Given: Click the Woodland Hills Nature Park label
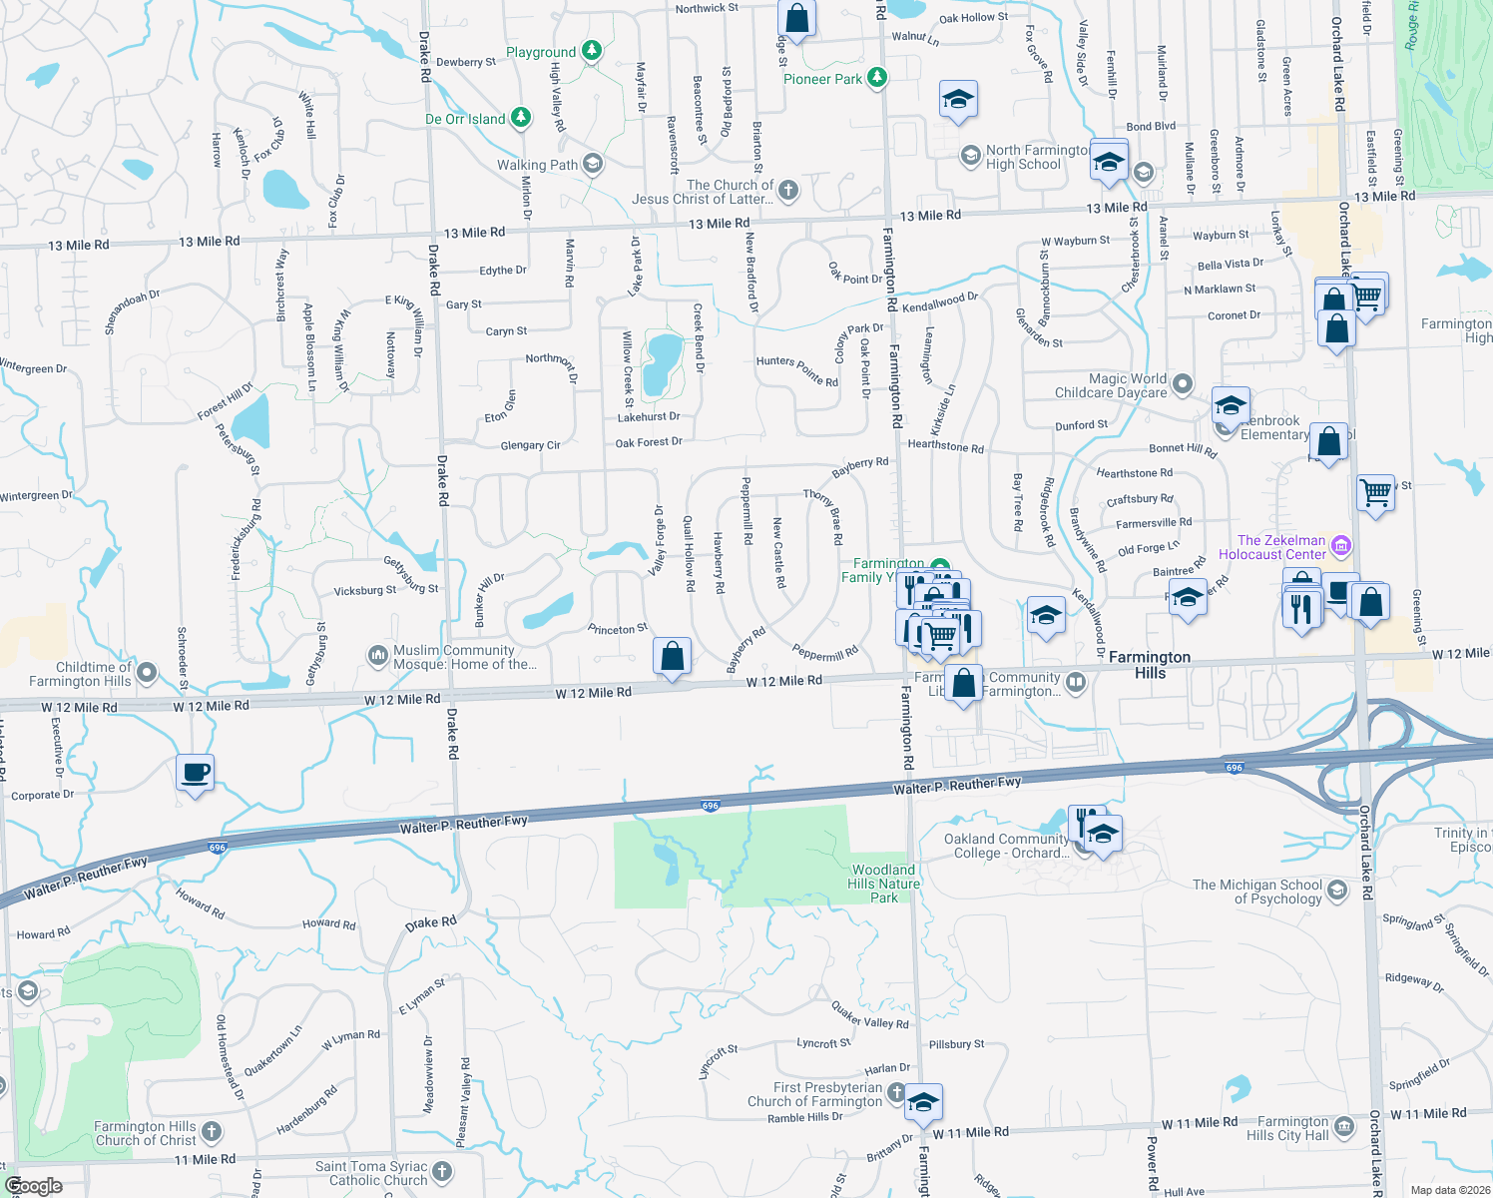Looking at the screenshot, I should [x=884, y=884].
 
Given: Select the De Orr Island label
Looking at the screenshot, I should [x=465, y=119].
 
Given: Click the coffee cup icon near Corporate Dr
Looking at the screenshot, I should [x=196, y=772].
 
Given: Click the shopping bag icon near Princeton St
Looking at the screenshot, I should [x=673, y=656].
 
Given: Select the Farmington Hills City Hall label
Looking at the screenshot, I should [x=1292, y=1128].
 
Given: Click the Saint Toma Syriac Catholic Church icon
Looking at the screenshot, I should [x=442, y=1171].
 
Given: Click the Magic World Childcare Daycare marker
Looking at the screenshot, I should [x=1183, y=383].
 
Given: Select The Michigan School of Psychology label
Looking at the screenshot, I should [x=1257, y=892].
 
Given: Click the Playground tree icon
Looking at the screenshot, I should [x=592, y=50].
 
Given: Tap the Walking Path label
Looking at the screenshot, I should [x=537, y=165].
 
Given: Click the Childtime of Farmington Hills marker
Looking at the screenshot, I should [x=147, y=672].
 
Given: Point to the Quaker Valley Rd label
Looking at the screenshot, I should [x=870, y=1016].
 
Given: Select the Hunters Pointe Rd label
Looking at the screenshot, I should [x=797, y=370].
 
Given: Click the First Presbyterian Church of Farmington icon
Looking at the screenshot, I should [x=896, y=1092].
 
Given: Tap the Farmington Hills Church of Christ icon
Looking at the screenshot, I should [x=212, y=1131].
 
